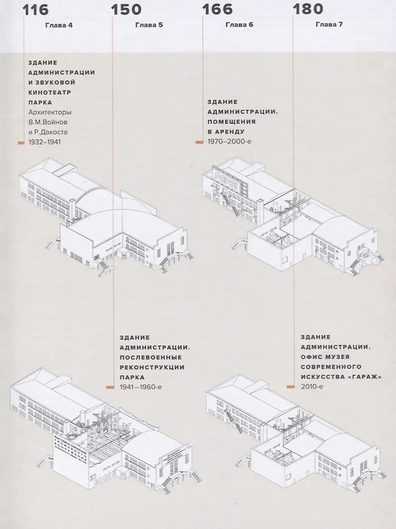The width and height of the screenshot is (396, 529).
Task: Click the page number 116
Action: (x=36, y=9)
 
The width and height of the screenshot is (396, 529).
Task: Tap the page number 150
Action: (x=126, y=9)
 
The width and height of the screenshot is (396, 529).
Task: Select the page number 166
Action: (x=218, y=9)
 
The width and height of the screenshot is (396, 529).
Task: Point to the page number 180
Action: (x=307, y=8)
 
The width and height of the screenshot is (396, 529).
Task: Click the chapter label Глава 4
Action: (x=59, y=25)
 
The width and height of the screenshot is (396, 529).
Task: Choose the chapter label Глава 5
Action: (x=149, y=25)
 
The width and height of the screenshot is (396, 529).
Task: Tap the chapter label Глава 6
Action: (x=239, y=25)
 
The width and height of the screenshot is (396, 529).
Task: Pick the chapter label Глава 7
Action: (x=329, y=24)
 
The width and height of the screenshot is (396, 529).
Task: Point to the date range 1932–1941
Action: (x=45, y=142)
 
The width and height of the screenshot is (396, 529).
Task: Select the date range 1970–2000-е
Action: (x=229, y=141)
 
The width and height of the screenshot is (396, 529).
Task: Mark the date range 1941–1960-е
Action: (x=141, y=387)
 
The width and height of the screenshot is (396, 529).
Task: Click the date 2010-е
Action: (x=312, y=386)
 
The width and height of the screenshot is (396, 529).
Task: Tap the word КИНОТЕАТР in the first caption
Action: (x=50, y=92)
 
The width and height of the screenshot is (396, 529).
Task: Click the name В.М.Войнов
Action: (x=48, y=122)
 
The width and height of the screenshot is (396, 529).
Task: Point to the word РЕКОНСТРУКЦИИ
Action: (x=152, y=367)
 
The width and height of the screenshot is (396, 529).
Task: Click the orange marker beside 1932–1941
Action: (x=21, y=143)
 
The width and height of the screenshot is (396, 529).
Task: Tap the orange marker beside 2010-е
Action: (x=290, y=386)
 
